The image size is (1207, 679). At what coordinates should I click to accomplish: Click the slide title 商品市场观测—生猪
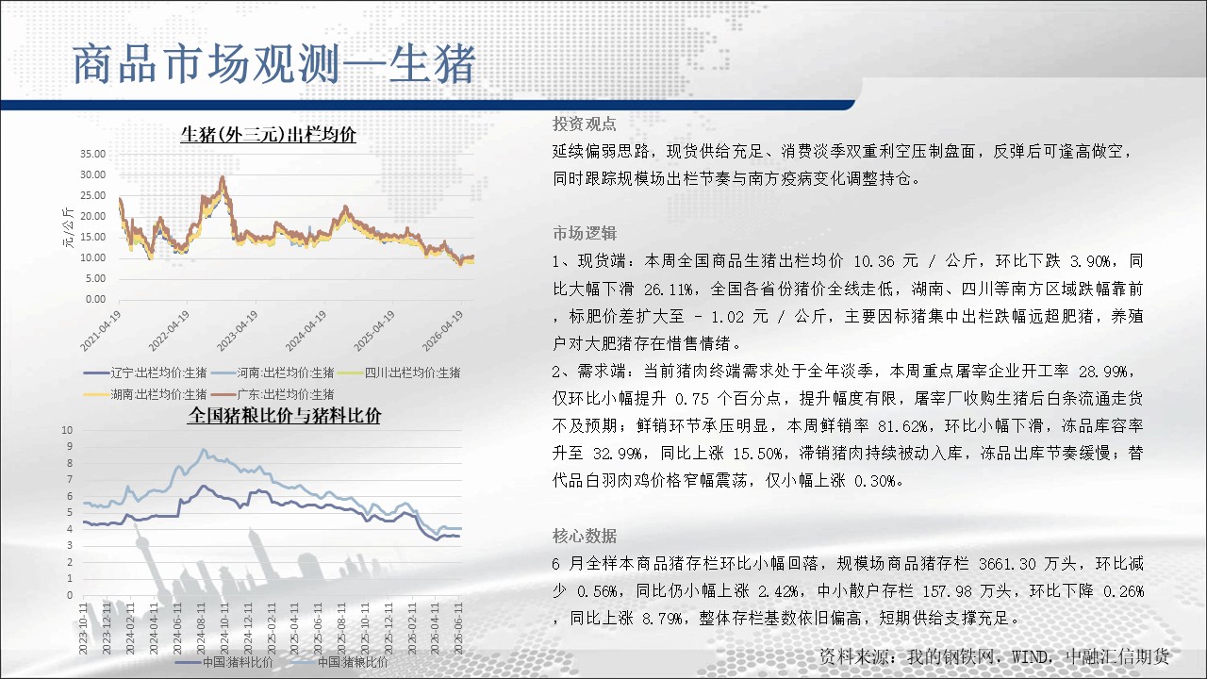pyautogui.click(x=273, y=64)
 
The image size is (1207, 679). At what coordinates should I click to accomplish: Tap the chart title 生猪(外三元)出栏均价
pyautogui.click(x=268, y=134)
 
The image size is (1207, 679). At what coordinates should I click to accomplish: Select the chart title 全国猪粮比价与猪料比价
pyautogui.click(x=284, y=416)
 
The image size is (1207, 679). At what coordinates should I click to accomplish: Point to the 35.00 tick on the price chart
pyautogui.click(x=93, y=154)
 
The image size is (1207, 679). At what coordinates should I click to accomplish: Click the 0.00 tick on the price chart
pyautogui.click(x=96, y=300)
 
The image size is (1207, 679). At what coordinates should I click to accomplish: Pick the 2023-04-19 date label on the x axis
pyautogui.click(x=237, y=331)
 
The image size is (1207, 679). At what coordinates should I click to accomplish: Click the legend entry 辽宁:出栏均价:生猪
pyautogui.click(x=145, y=373)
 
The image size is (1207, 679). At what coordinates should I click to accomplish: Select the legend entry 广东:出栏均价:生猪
pyautogui.click(x=273, y=394)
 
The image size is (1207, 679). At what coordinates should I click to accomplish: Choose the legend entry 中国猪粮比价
pyautogui.click(x=339, y=662)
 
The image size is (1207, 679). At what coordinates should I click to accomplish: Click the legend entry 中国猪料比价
pyautogui.click(x=224, y=662)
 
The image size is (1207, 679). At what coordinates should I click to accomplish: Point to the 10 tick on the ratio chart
pyautogui.click(x=67, y=430)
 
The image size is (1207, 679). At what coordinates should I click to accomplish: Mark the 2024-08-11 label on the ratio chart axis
pyautogui.click(x=201, y=628)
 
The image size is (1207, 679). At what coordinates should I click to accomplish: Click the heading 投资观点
pyautogui.click(x=585, y=124)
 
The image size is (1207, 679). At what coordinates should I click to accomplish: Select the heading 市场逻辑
pyautogui.click(x=585, y=233)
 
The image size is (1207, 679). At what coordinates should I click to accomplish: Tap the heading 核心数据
pyautogui.click(x=585, y=537)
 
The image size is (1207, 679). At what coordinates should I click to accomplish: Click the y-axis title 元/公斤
pyautogui.click(x=69, y=227)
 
